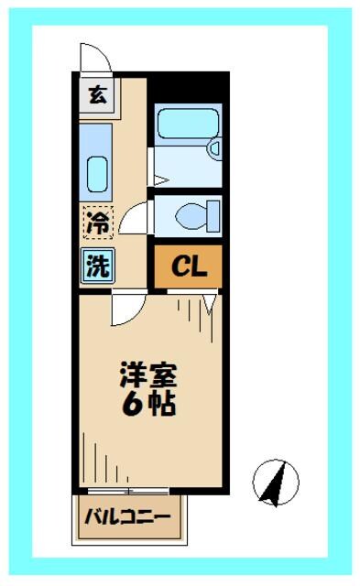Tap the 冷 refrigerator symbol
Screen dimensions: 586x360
point(97,221)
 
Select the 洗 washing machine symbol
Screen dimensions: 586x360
point(97,265)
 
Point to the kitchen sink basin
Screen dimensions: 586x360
point(97,171)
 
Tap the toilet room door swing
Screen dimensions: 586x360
point(135,218)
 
